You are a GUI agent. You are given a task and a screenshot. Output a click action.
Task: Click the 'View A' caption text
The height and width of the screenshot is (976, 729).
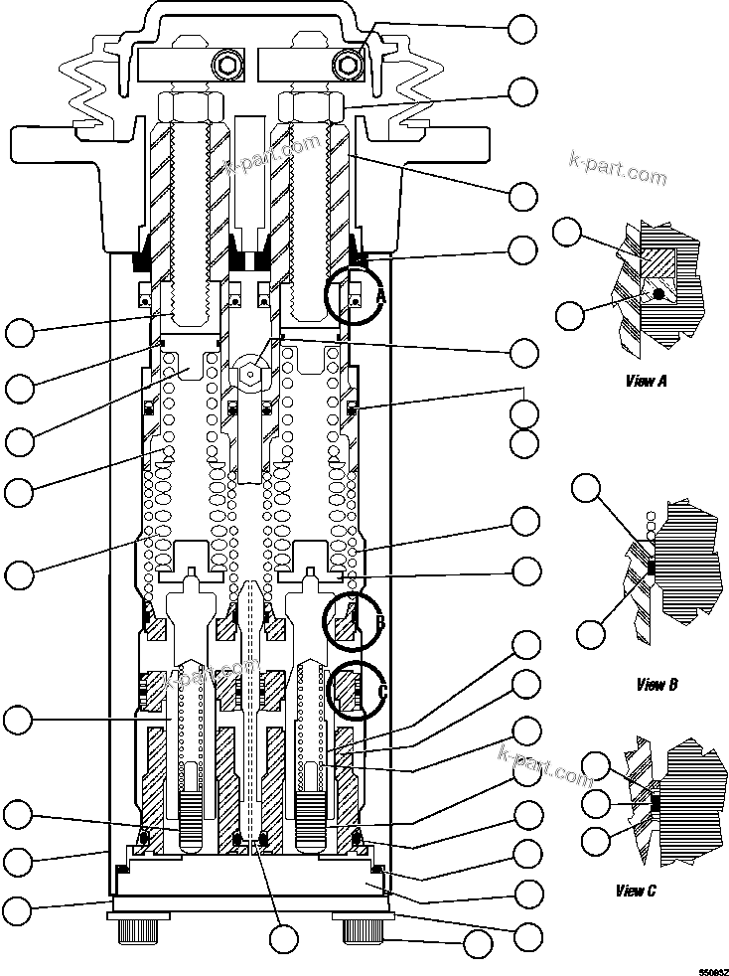(646, 381)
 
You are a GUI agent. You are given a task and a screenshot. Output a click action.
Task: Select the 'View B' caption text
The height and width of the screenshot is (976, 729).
(656, 685)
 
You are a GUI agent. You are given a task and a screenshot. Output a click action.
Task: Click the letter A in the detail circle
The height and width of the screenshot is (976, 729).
(380, 295)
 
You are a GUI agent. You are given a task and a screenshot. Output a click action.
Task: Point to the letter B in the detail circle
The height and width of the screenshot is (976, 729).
(380, 623)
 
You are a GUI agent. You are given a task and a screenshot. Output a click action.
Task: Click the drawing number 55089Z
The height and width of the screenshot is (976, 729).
(712, 969)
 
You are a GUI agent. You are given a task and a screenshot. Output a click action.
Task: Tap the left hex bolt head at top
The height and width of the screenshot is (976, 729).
(225, 67)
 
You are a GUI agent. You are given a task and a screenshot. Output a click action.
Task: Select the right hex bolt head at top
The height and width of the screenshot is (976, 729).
(348, 66)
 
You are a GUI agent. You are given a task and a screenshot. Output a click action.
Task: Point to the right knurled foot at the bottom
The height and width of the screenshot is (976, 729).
(364, 932)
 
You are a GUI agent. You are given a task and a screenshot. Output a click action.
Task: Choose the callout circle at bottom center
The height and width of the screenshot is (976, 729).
(285, 937)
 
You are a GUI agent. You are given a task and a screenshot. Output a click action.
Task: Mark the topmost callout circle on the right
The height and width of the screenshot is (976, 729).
(522, 29)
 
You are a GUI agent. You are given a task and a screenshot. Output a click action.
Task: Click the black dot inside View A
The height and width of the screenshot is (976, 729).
(656, 294)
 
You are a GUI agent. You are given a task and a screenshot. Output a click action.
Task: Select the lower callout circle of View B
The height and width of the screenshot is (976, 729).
(590, 632)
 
